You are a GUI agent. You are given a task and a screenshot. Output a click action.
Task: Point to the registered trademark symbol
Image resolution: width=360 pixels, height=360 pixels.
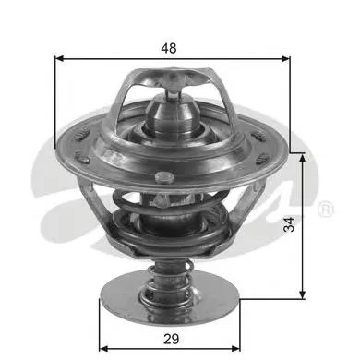[325, 211]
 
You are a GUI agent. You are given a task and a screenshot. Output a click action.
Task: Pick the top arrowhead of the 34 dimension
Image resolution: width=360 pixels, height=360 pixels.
[302, 155]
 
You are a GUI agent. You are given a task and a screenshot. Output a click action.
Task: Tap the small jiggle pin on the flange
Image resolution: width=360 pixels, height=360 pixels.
[162, 177]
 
